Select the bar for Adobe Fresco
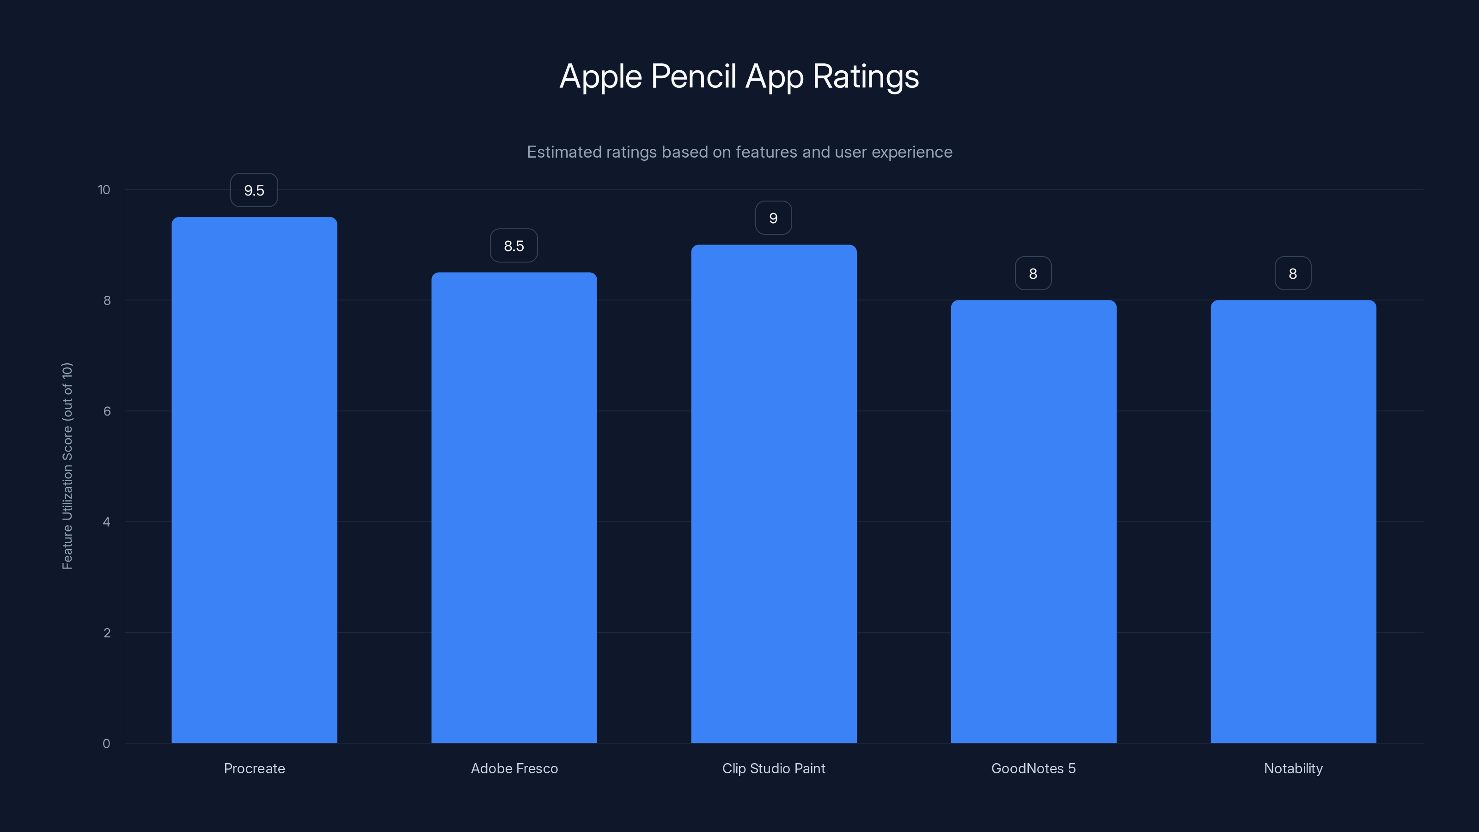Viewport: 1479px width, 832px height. point(514,507)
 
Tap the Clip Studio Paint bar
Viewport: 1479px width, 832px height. point(773,493)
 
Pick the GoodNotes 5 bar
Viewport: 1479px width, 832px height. point(1033,521)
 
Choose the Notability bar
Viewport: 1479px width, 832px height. point(1293,521)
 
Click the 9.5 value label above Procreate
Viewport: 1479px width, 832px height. point(254,190)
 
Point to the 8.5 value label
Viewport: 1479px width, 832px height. point(514,246)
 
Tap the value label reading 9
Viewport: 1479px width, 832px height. point(773,218)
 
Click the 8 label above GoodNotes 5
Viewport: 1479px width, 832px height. point(1033,273)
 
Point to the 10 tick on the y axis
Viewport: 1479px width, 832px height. point(104,190)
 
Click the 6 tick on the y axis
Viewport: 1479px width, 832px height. point(107,411)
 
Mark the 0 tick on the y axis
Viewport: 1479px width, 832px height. point(106,744)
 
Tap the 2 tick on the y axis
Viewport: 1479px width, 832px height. point(107,633)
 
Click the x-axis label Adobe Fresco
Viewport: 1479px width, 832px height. point(514,768)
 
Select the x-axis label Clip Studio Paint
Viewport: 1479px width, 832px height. point(773,768)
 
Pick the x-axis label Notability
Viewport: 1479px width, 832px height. point(1293,768)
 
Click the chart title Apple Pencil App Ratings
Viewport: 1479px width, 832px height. point(739,76)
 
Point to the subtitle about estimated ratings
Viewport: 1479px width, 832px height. point(739,152)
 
